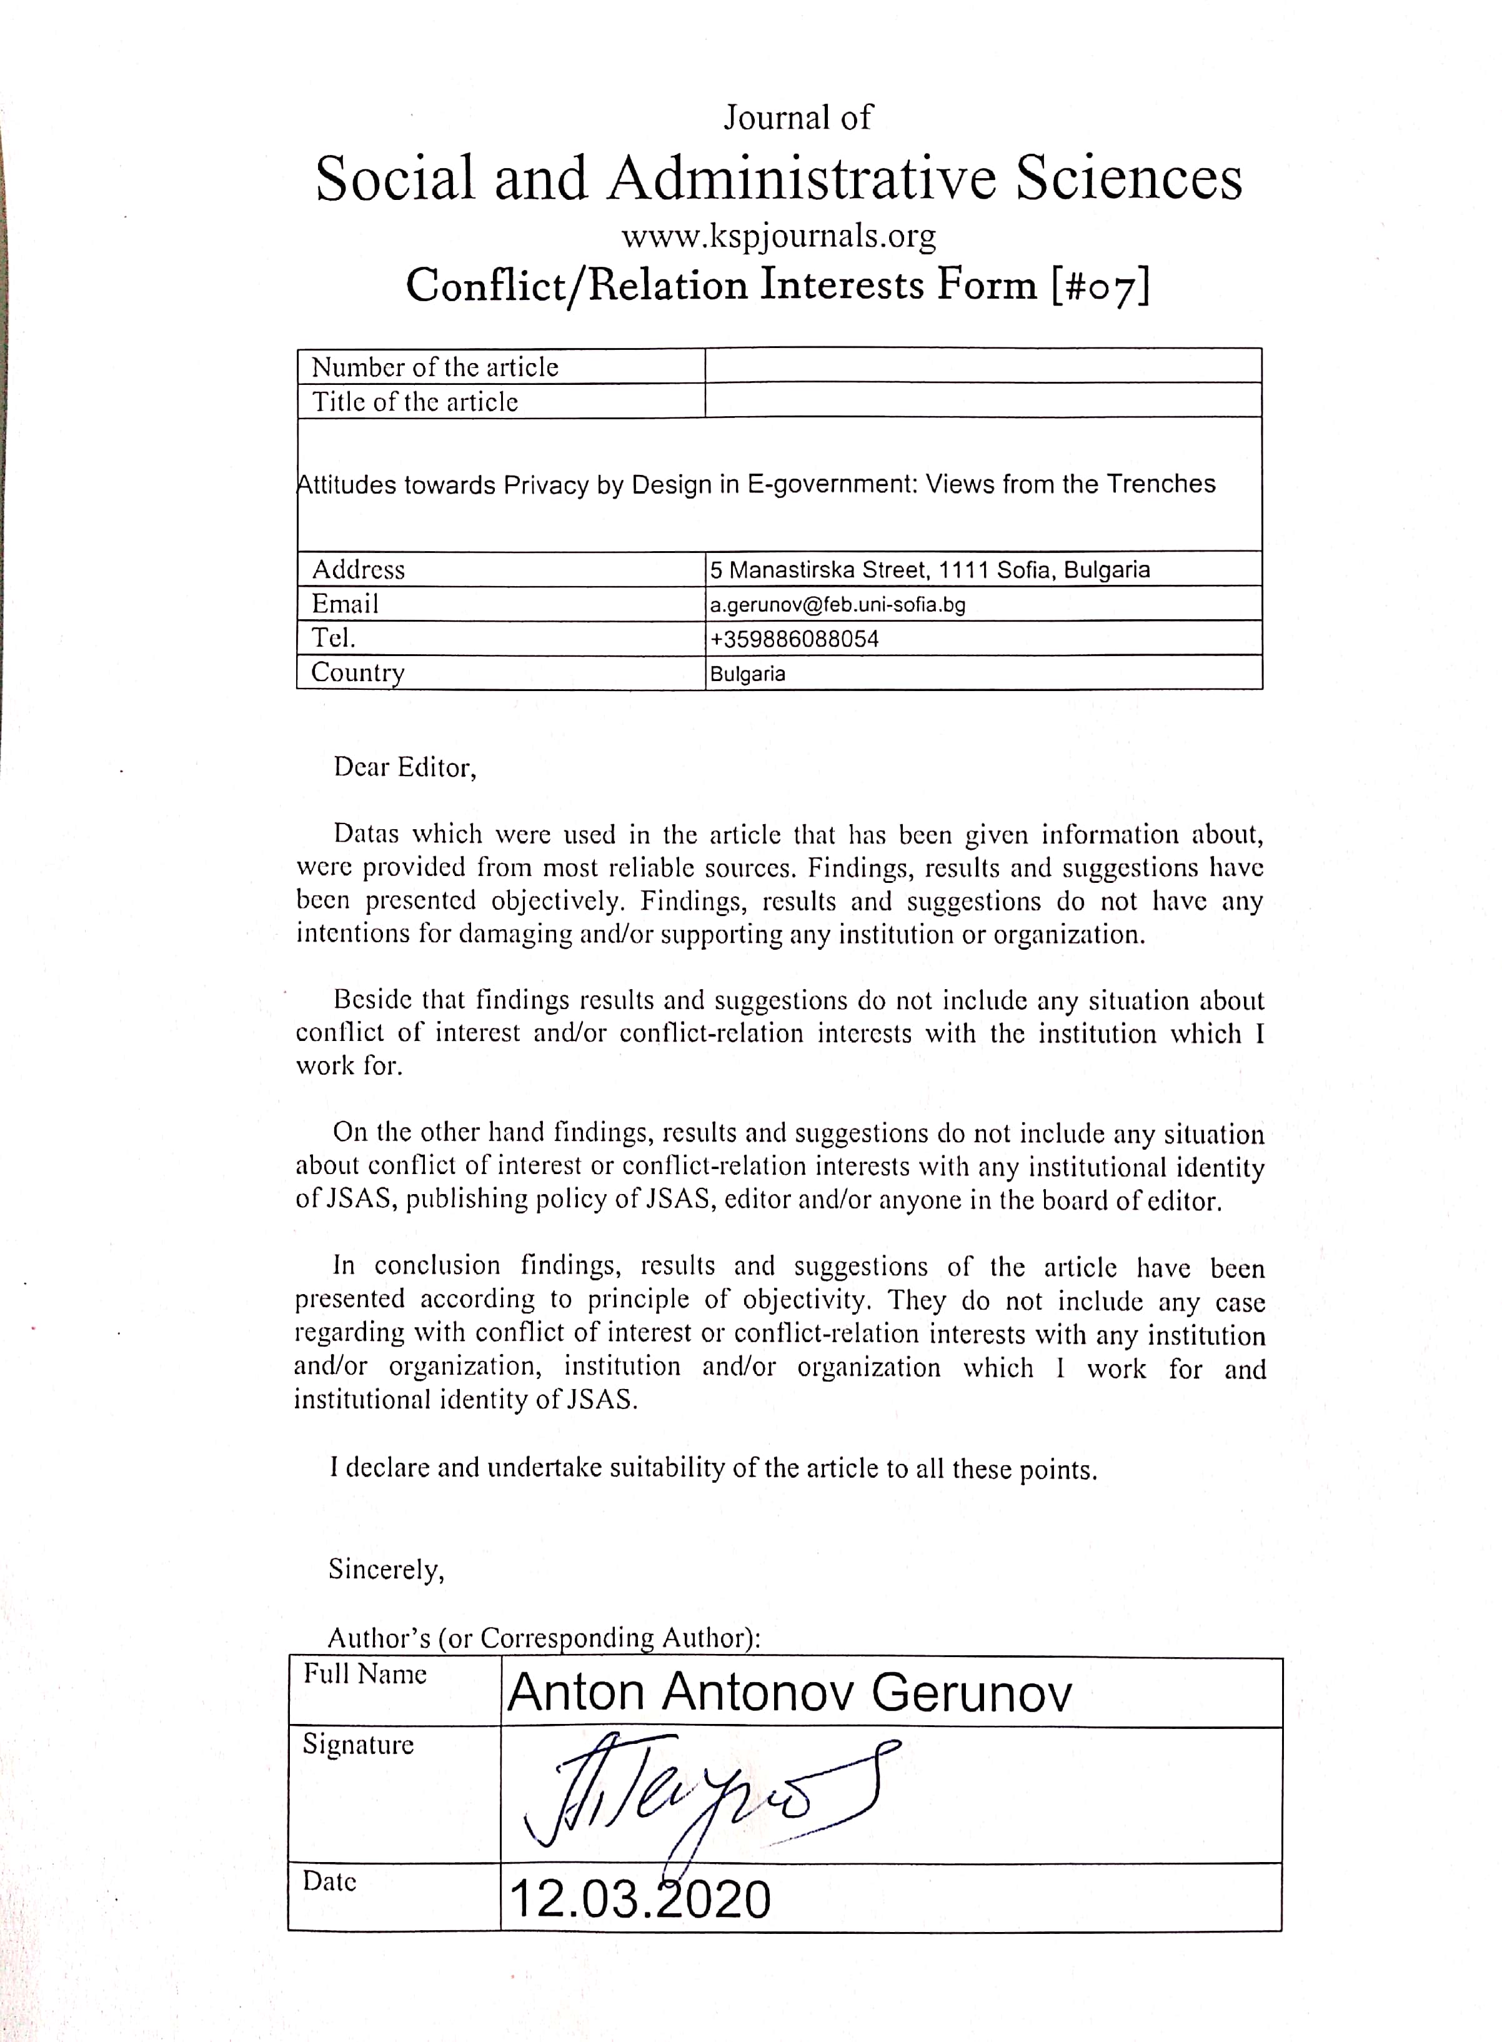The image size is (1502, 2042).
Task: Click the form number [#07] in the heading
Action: click(x=1100, y=286)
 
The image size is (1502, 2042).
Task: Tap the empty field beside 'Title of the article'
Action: click(x=982, y=401)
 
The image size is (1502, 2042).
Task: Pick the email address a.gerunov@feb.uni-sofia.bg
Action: click(x=837, y=605)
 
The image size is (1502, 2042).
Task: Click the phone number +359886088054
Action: click(x=795, y=639)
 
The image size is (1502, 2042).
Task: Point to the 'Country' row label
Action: click(x=357, y=673)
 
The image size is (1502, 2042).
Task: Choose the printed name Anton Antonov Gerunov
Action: click(x=789, y=1693)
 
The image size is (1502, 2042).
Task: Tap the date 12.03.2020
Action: click(x=639, y=1900)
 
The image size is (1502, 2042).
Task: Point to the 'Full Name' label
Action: click(x=365, y=1674)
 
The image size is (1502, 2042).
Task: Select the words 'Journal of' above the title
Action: click(x=797, y=117)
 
